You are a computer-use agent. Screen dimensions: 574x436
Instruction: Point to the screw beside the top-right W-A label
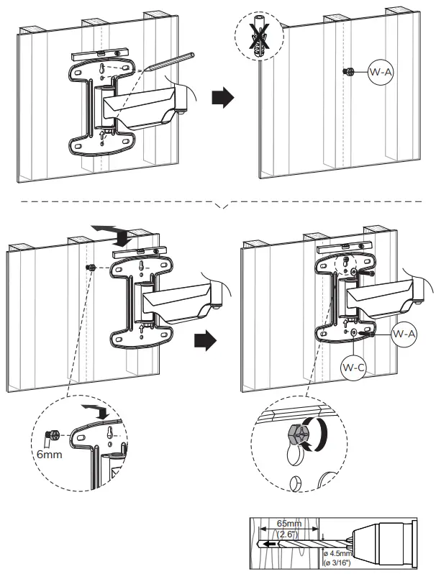pyautogui.click(x=348, y=72)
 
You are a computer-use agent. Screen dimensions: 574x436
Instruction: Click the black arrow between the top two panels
pyautogui.click(x=223, y=99)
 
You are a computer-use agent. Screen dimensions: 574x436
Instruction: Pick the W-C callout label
pyautogui.click(x=353, y=368)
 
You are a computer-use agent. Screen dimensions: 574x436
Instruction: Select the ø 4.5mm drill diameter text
pyautogui.click(x=336, y=553)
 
